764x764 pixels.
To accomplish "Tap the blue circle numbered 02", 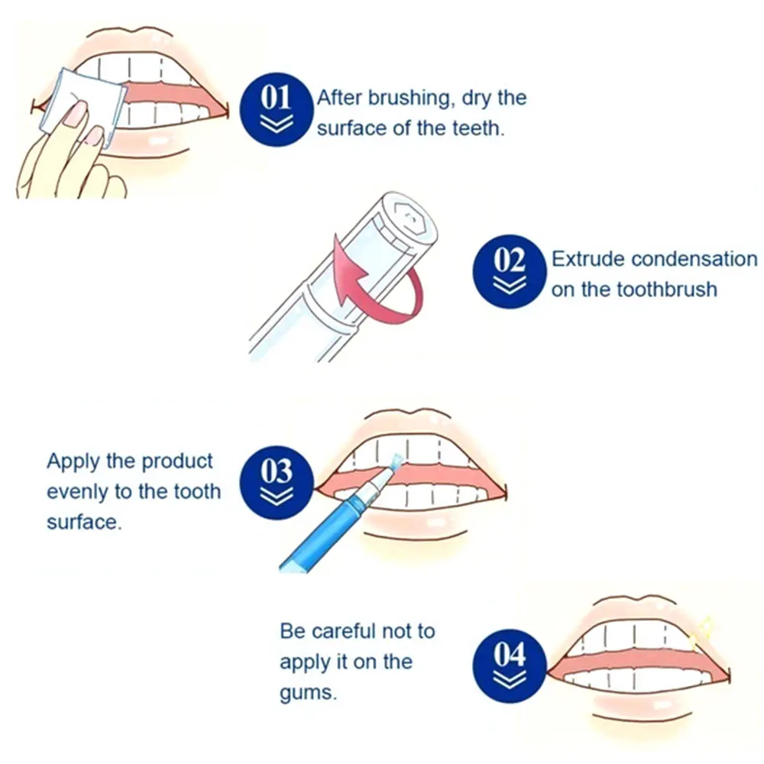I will pyautogui.click(x=510, y=270).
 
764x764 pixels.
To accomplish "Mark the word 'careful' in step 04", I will pyautogui.click(x=344, y=632).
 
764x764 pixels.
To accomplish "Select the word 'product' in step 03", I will pyautogui.click(x=176, y=461).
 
